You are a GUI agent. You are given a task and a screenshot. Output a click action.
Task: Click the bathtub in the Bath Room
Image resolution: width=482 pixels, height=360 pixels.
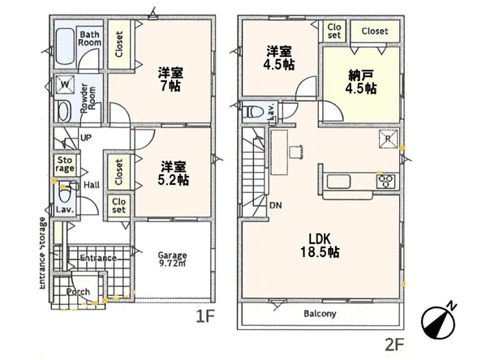[65, 47]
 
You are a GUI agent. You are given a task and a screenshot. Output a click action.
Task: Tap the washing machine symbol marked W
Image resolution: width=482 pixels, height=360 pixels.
[65, 84]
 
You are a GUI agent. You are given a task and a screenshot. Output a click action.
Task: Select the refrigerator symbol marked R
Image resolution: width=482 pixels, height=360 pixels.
[388, 139]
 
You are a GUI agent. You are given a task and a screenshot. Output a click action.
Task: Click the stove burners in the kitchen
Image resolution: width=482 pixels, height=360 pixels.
[386, 180]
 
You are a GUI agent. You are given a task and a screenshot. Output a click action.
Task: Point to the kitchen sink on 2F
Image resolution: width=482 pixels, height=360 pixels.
[338, 182]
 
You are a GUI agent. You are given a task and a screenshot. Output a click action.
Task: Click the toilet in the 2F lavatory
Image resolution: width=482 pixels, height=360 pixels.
[252, 111]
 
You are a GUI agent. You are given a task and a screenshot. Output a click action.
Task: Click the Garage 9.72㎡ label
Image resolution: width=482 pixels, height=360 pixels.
[173, 259]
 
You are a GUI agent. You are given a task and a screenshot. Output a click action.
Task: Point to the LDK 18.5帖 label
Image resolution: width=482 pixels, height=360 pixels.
[320, 245]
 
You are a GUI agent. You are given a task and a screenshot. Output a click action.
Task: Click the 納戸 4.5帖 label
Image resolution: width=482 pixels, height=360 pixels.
[361, 82]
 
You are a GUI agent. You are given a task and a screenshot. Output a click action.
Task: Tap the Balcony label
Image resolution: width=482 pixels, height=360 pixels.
[320, 314]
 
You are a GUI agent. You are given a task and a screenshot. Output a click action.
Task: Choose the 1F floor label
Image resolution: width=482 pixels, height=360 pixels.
[205, 317]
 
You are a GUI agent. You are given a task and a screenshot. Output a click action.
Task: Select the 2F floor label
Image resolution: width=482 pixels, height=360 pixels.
[394, 345]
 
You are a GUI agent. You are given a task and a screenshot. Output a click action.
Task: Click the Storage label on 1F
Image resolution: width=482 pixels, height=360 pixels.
[65, 164]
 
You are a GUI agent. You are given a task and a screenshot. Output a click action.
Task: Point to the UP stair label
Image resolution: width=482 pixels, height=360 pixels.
[86, 137]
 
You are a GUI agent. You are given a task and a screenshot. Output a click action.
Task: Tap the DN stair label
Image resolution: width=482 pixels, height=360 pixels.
[276, 205]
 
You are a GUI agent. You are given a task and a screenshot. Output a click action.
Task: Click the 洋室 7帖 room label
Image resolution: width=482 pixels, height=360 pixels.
[170, 79]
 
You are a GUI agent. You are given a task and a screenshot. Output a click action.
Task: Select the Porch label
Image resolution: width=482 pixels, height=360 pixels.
[79, 292]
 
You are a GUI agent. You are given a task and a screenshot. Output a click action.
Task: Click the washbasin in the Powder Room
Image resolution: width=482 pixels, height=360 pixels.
[64, 111]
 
